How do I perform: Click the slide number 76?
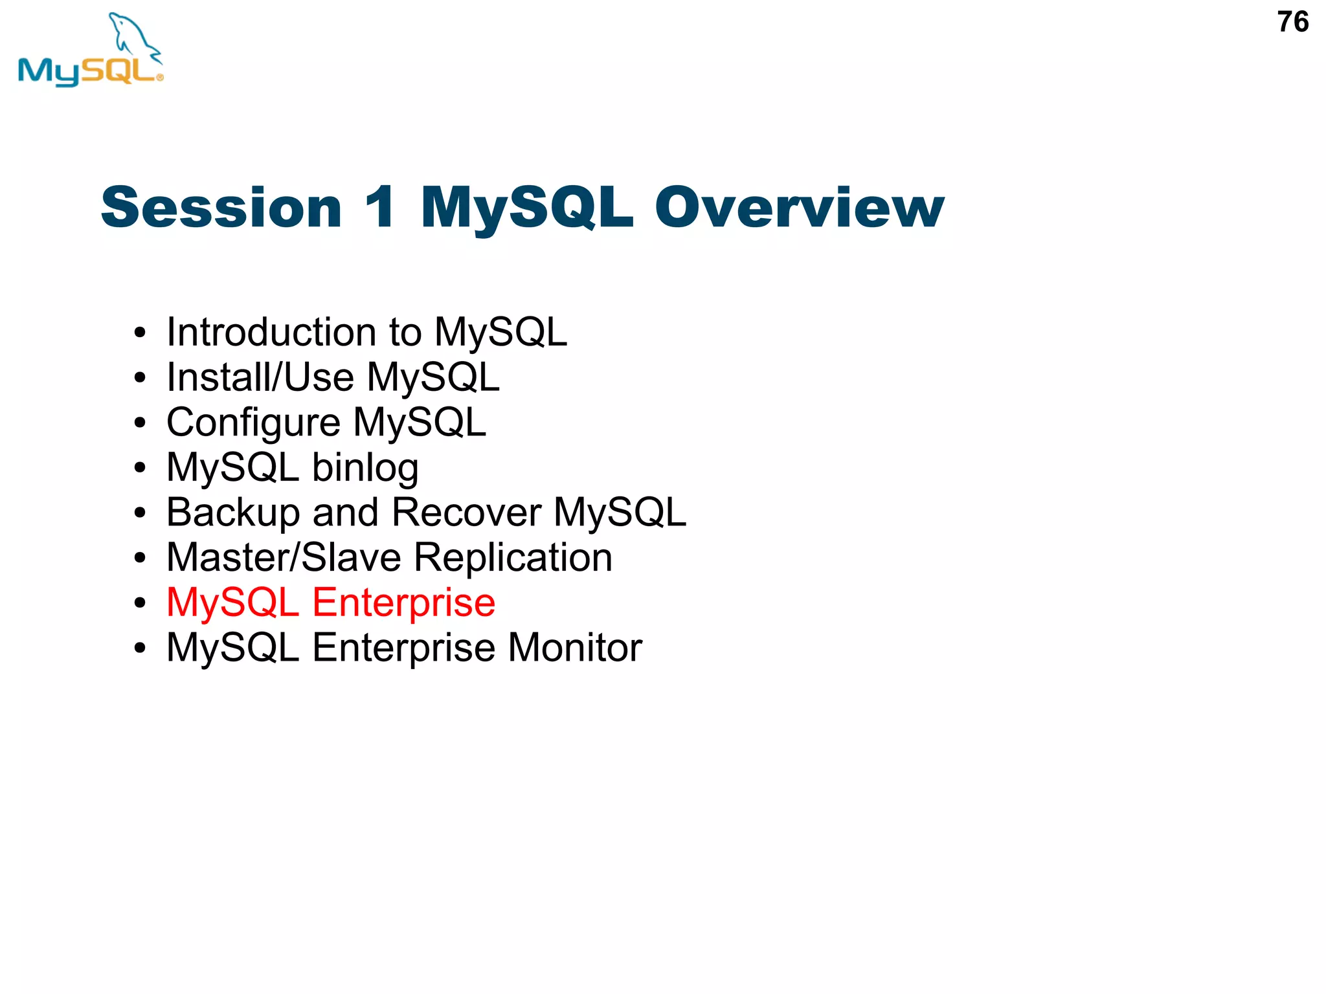tap(1292, 23)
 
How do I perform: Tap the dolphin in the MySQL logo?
tap(134, 36)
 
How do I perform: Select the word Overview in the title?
tap(799, 208)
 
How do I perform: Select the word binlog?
tap(365, 468)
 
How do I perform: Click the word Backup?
tap(233, 513)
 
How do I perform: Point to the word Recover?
tap(466, 513)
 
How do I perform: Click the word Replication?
tap(513, 558)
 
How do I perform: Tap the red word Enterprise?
tap(404, 604)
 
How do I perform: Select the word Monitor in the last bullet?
tap(575, 648)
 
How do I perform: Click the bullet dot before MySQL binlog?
tap(140, 468)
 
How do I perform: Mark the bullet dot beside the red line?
tap(140, 603)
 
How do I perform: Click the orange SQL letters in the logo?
tap(120, 70)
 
